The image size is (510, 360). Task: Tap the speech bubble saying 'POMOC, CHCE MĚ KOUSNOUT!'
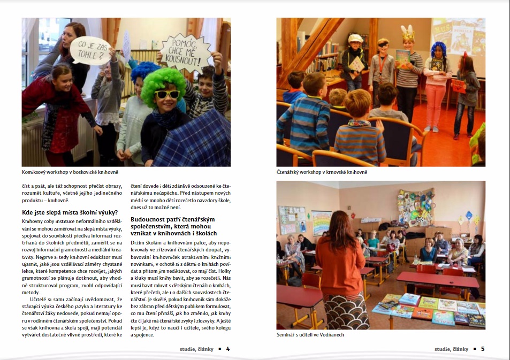point(186,53)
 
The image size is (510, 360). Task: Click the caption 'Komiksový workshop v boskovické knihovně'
point(70,172)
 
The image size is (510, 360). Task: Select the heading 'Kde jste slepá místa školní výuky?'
point(70,212)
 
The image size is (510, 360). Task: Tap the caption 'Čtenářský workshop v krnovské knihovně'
point(322,172)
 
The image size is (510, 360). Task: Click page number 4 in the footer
point(228,349)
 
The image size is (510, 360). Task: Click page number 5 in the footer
point(482,349)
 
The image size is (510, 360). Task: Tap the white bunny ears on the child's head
point(408,30)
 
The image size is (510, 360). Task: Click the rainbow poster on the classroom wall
point(321,221)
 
